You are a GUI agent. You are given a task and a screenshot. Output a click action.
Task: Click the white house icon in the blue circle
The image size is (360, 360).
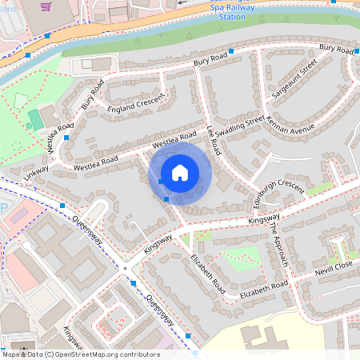click(180, 173)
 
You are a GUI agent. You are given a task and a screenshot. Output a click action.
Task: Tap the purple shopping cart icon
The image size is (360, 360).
click(46, 6)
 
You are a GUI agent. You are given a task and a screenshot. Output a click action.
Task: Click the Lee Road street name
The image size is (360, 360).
click(214, 140)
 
